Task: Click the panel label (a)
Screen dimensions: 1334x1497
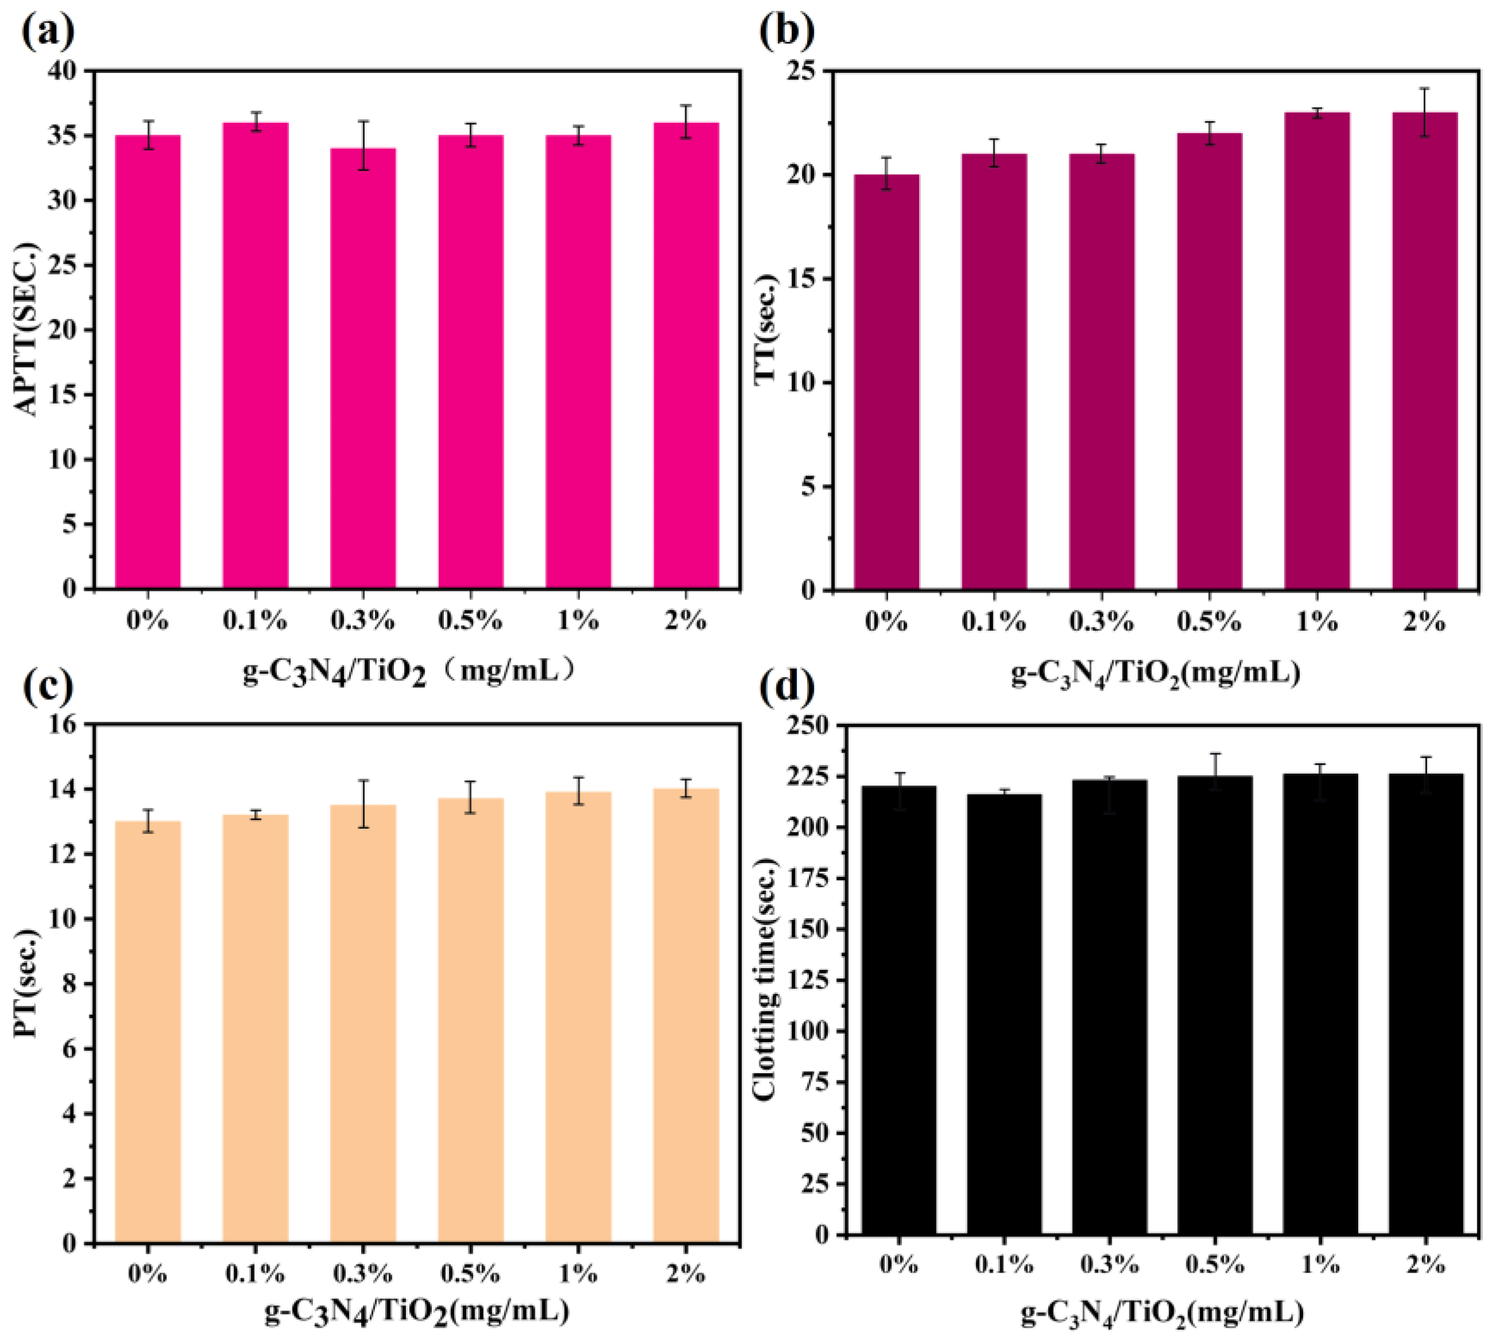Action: click(48, 33)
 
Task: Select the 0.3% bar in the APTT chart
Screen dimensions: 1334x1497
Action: click(363, 366)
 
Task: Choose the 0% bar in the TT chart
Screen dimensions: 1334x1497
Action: click(886, 381)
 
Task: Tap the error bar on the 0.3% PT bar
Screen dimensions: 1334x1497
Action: click(363, 804)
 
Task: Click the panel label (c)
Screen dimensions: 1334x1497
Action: click(48, 685)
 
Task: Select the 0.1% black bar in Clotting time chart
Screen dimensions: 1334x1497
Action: click(1004, 1026)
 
